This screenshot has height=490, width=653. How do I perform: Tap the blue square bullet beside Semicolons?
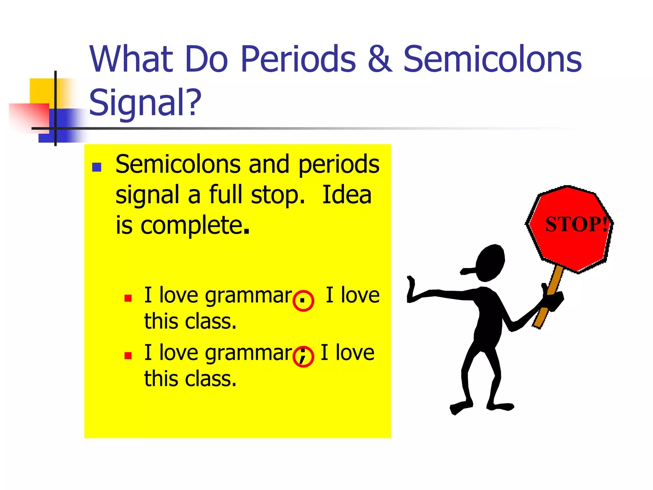tap(97, 167)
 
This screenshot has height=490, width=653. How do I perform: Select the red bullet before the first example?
tap(128, 298)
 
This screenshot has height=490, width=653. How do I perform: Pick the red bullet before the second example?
tap(128, 356)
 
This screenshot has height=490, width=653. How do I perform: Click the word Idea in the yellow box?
tap(347, 195)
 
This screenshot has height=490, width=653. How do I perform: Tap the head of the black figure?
tap(490, 263)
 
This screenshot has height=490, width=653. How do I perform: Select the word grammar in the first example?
tap(248, 295)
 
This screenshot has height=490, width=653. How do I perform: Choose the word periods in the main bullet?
tap(339, 165)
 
